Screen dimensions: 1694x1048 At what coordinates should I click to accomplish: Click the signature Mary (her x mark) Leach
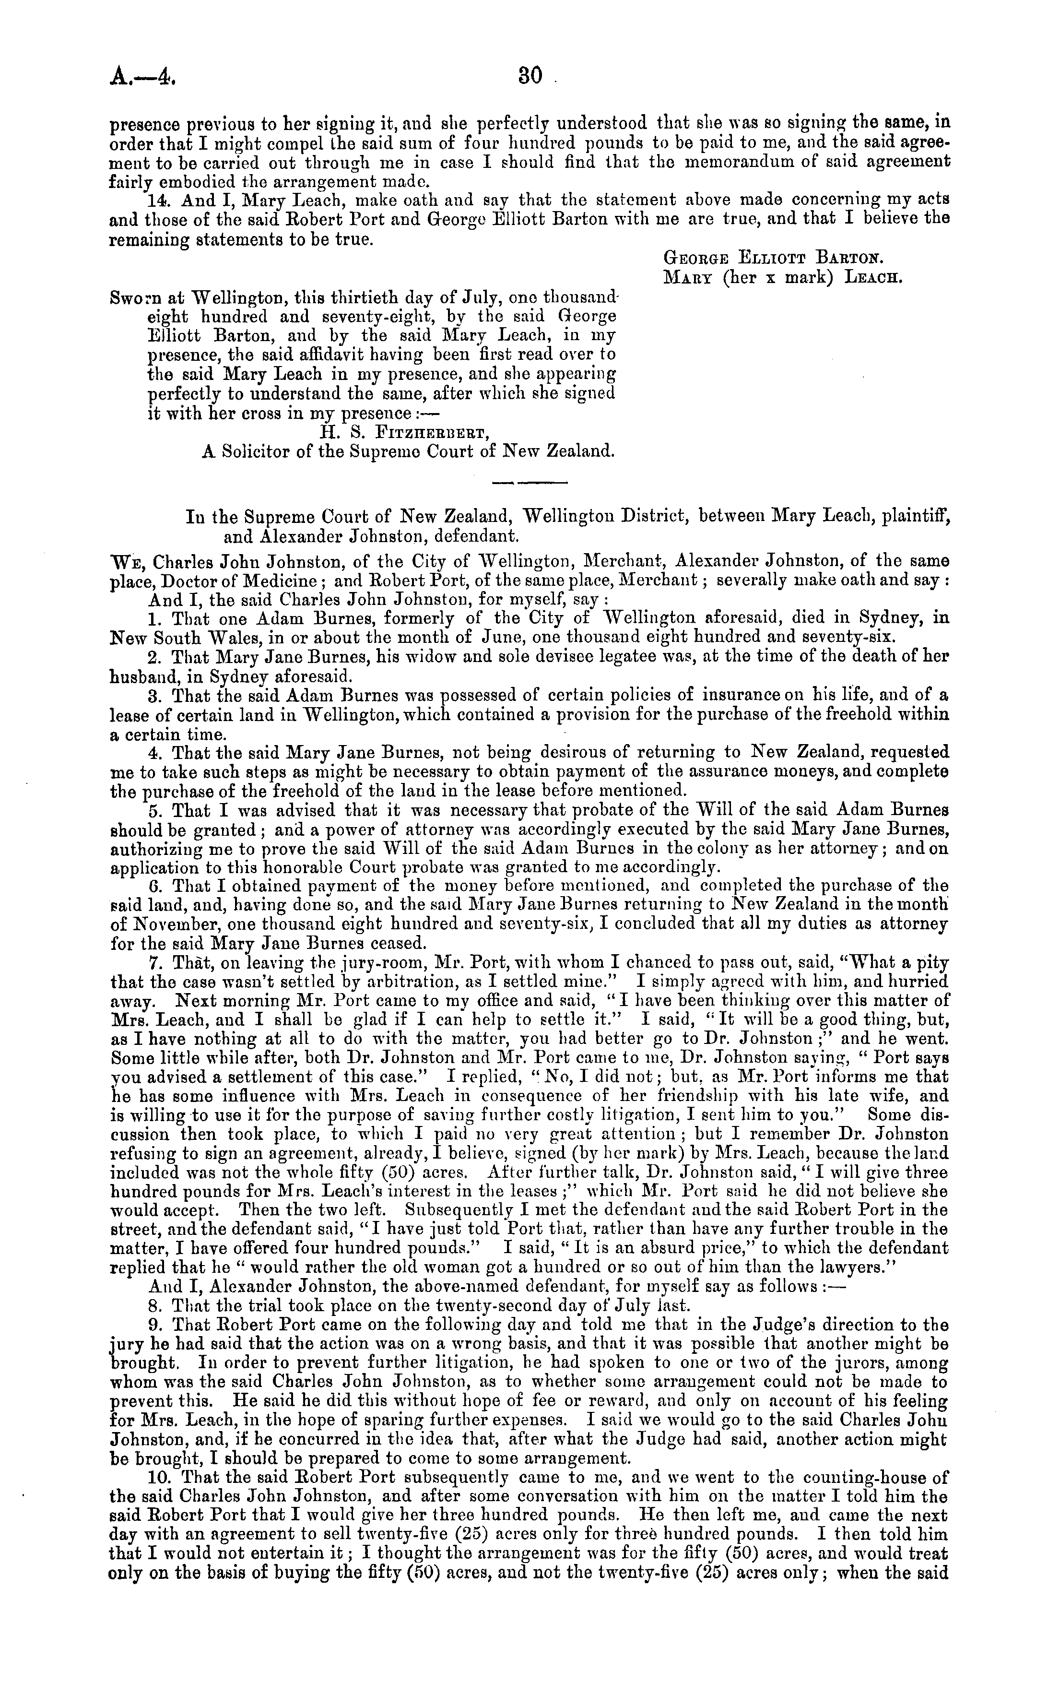tap(783, 279)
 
